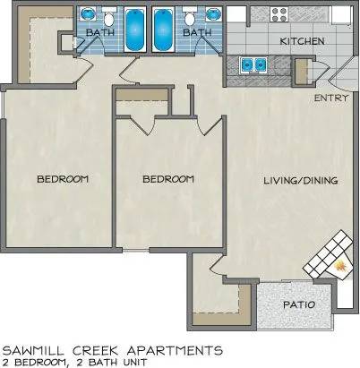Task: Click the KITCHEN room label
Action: pyautogui.click(x=302, y=41)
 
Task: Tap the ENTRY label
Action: pyautogui.click(x=331, y=98)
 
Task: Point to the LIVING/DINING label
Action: pyautogui.click(x=301, y=180)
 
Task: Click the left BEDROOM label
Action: pyautogui.click(x=63, y=179)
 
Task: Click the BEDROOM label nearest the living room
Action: pyautogui.click(x=168, y=179)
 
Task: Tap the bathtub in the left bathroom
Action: pyautogui.click(x=134, y=30)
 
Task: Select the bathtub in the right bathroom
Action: pyautogui.click(x=163, y=30)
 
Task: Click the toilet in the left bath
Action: pyautogui.click(x=108, y=18)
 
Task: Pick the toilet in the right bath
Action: pyautogui.click(x=190, y=18)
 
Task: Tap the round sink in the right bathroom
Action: pyautogui.click(x=214, y=13)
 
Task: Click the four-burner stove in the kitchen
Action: pyautogui.click(x=279, y=14)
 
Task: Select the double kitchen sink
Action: pyautogui.click(x=253, y=64)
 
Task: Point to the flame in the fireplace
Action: pyautogui.click(x=340, y=265)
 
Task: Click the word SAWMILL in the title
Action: pyautogui.click(x=38, y=350)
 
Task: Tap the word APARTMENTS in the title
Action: pyautogui.click(x=175, y=350)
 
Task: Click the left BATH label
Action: pyautogui.click(x=100, y=32)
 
